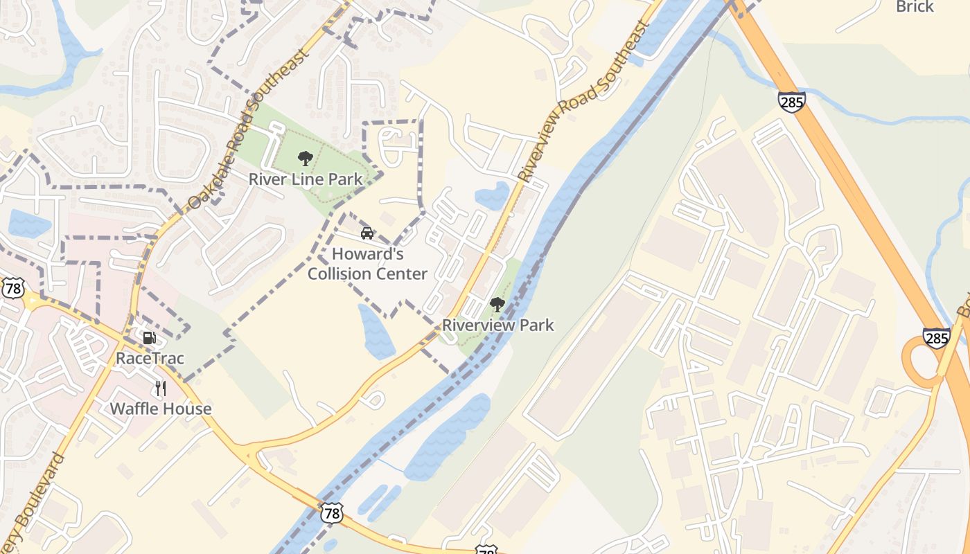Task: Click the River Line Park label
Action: click(305, 179)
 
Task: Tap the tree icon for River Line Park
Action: click(305, 159)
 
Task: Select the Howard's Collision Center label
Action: click(367, 264)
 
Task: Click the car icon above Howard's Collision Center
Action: click(367, 233)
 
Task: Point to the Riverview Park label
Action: click(498, 325)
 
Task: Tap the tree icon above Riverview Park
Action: click(497, 304)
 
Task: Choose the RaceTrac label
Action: click(150, 358)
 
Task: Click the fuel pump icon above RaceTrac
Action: click(149, 338)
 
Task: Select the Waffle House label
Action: click(161, 409)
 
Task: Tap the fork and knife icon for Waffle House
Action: click(161, 388)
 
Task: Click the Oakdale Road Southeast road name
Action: click(247, 129)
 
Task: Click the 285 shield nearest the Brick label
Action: click(791, 102)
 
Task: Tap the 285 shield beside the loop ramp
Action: click(936, 339)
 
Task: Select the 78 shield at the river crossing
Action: click(332, 512)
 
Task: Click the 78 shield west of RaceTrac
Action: click(12, 288)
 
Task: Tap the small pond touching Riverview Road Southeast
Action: click(493, 195)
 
